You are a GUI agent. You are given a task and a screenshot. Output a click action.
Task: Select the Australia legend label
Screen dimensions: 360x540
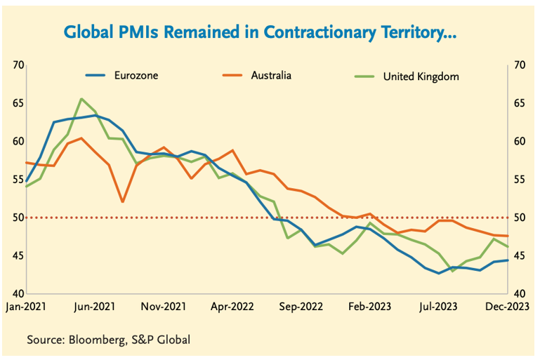point(270,74)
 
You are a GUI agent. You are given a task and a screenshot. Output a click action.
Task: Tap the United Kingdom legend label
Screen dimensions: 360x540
point(421,76)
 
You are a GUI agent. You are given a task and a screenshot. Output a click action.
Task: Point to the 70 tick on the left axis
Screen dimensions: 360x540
point(18,65)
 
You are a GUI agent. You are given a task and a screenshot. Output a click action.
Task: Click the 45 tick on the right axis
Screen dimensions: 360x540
point(520,255)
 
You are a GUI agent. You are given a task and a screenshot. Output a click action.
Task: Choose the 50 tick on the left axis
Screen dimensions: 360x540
point(18,218)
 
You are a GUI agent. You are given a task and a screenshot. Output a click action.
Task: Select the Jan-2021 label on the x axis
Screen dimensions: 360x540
point(25,306)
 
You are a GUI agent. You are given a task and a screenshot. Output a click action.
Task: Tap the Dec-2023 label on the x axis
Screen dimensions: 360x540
point(509,306)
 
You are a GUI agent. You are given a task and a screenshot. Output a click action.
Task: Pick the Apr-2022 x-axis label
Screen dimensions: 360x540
point(232,306)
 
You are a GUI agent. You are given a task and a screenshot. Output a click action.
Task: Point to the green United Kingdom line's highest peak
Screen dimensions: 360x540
point(81,99)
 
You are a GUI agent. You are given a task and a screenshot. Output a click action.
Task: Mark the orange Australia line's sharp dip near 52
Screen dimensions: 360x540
point(123,201)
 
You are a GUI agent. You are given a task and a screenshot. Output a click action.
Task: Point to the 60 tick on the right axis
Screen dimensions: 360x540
point(520,141)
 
